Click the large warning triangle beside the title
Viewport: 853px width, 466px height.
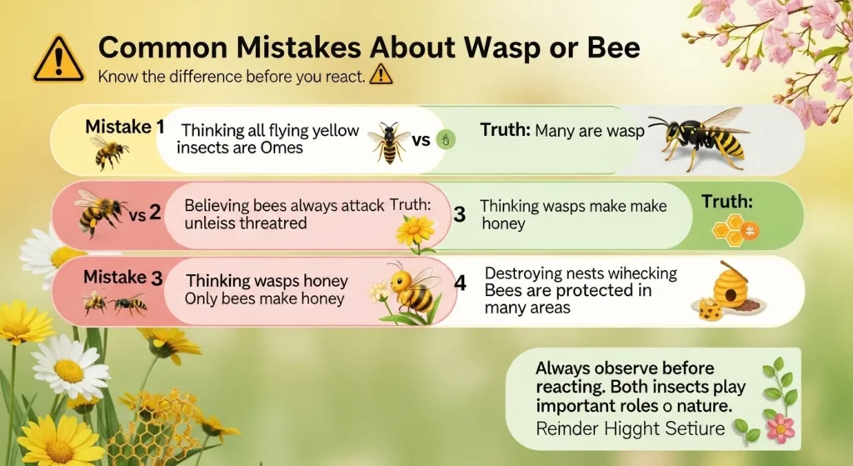tap(58, 58)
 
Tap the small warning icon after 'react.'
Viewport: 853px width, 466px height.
tap(379, 76)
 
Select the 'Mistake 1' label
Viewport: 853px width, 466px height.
tap(125, 128)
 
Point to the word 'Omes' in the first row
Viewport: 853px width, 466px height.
tap(280, 148)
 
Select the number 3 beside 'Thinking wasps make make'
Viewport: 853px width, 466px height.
tap(458, 214)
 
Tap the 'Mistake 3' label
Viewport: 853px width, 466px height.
tap(123, 278)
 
